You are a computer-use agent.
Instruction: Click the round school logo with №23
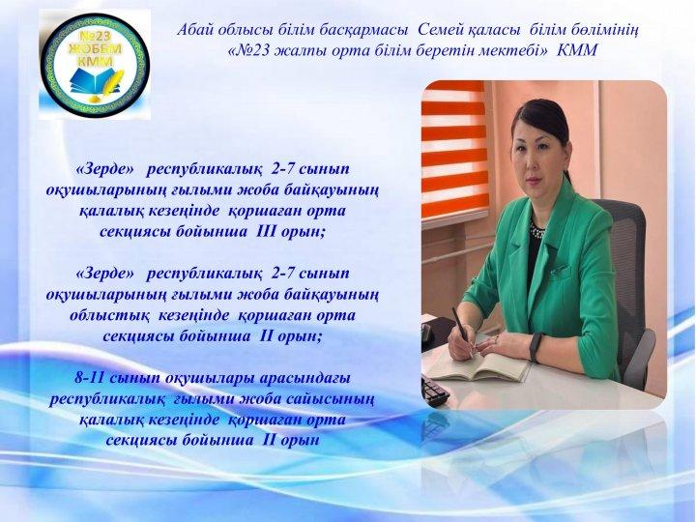click(95, 66)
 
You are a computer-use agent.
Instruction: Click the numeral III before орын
click(267, 232)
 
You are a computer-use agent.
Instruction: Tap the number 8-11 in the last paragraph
click(90, 378)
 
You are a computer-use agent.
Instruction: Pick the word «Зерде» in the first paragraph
click(105, 169)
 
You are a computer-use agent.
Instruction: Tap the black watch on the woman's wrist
click(536, 347)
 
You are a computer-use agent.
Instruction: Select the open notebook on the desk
click(478, 365)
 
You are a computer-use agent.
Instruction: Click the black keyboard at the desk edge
click(434, 391)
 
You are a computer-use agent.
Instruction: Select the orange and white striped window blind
click(454, 151)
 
